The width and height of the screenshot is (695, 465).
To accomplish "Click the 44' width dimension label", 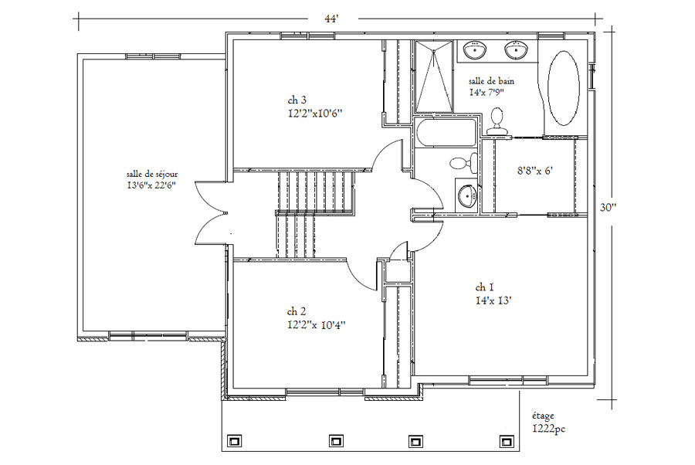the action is [x=332, y=20].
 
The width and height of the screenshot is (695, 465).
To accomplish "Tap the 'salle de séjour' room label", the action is [x=152, y=175].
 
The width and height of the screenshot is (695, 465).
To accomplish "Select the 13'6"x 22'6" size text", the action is [x=152, y=185].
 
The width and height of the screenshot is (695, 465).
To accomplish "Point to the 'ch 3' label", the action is [x=297, y=101].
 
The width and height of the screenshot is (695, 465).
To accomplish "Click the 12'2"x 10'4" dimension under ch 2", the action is [x=317, y=325].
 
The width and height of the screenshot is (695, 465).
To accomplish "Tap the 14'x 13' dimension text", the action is [x=493, y=300].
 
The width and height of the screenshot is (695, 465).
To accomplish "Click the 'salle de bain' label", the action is [x=492, y=82].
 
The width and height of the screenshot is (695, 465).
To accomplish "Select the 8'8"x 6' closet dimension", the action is [x=535, y=171].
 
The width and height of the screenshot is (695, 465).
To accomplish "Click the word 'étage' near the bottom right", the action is [x=543, y=416].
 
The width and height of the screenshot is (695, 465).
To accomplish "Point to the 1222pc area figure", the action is [x=549, y=429].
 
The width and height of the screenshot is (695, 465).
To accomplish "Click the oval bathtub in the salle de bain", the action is [x=563, y=88].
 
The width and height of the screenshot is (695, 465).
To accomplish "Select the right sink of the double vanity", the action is [x=516, y=49].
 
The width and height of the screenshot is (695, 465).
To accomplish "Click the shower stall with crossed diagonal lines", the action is [x=434, y=76].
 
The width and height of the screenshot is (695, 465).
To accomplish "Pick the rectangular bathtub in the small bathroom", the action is [x=446, y=132].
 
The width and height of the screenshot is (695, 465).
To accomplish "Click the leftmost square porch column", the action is [x=234, y=441].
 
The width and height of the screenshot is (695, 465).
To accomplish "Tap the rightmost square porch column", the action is [x=506, y=441].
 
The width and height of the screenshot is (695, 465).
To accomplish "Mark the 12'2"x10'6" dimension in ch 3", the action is [x=315, y=114].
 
